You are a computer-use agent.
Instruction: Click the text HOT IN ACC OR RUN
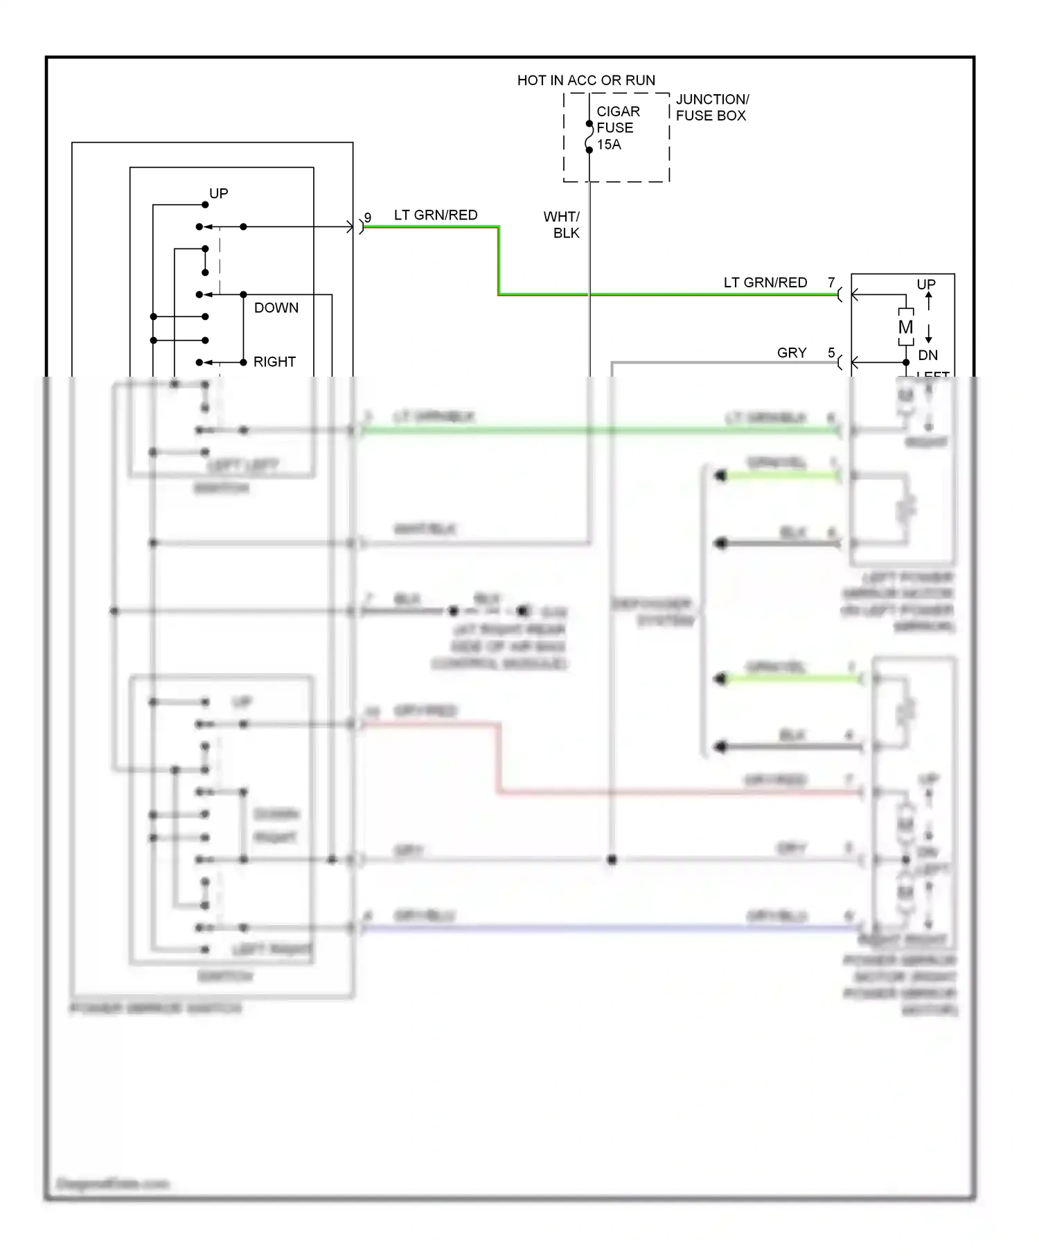point(586,80)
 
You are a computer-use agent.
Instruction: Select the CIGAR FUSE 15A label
point(616,128)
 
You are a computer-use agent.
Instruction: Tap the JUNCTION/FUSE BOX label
point(711,107)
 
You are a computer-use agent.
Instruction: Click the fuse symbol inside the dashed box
point(589,137)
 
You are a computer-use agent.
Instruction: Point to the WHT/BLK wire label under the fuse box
point(562,225)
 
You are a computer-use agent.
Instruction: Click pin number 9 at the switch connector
point(368,217)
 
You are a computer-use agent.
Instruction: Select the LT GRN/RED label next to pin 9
point(436,215)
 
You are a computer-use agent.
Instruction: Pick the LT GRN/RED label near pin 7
point(765,282)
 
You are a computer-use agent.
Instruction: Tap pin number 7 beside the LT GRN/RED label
point(831,282)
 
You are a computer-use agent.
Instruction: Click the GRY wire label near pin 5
point(792,353)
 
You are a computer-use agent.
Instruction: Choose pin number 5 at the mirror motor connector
point(831,353)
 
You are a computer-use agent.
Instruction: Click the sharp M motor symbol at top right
point(906,327)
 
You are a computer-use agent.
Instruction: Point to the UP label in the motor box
point(926,285)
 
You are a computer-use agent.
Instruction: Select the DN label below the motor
point(927,355)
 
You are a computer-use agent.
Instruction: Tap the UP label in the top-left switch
point(219,194)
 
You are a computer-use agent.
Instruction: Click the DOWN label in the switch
point(276,308)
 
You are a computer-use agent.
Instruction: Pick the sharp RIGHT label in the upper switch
point(274,362)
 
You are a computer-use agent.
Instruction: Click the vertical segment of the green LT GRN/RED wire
point(499,261)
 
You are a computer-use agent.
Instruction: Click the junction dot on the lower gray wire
point(612,860)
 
